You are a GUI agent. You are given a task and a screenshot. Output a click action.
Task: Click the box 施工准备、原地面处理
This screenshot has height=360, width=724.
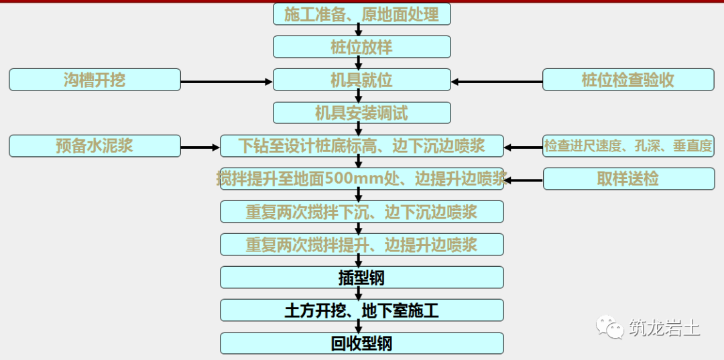(x=361, y=14)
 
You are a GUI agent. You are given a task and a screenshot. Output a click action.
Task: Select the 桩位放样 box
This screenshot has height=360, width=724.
(x=361, y=47)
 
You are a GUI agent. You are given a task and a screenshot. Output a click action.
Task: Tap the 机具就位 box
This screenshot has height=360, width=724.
(x=361, y=80)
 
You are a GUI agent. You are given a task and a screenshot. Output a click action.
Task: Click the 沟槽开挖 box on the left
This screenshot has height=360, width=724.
(x=95, y=80)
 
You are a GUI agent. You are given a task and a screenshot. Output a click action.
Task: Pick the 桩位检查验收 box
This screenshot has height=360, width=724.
(x=628, y=80)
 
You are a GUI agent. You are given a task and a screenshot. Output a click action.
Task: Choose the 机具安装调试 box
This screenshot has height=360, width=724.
(x=361, y=113)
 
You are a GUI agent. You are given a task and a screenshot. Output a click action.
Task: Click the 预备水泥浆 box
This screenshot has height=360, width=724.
(x=95, y=145)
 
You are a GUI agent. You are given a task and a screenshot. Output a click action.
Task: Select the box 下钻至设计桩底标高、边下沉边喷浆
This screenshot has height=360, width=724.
(x=361, y=145)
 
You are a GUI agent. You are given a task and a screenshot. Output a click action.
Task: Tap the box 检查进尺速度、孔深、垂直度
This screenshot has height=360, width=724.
(x=628, y=145)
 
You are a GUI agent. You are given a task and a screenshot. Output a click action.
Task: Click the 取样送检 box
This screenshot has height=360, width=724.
(x=628, y=178)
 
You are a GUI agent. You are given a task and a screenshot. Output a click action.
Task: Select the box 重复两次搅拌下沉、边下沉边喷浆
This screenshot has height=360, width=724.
(x=361, y=211)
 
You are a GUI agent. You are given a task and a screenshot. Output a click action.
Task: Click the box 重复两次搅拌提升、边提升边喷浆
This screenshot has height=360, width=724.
(x=361, y=244)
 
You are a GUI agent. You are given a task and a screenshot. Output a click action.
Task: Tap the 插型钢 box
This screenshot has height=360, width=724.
(x=361, y=277)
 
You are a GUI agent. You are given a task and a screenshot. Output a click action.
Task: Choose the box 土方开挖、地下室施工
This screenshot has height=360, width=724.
(x=361, y=310)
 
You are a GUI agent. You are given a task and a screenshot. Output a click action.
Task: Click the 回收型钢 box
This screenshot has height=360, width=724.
(x=361, y=343)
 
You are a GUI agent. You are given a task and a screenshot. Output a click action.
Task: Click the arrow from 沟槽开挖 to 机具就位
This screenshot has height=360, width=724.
(x=227, y=82)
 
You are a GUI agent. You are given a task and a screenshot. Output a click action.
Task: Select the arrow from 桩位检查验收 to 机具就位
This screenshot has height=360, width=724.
(x=497, y=82)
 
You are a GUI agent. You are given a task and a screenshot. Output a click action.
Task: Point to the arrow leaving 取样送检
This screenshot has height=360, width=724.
(x=524, y=180)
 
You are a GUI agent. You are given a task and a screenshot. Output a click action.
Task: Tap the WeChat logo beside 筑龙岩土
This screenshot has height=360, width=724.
(x=609, y=328)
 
